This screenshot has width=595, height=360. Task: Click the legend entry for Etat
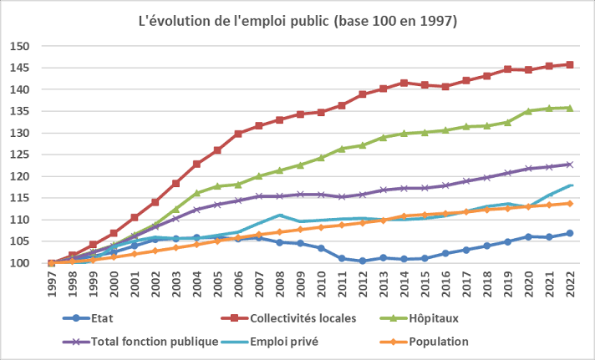101,318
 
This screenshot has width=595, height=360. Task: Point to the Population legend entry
439,341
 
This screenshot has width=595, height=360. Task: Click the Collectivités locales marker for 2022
570,64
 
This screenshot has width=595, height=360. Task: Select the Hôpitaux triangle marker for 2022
570,108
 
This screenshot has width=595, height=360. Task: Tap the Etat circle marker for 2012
363,261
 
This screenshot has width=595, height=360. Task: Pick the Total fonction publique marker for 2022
570,165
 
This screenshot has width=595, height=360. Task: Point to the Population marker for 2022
570,203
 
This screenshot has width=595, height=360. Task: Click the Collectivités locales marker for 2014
404,83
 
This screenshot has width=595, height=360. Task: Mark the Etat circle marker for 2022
570,233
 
